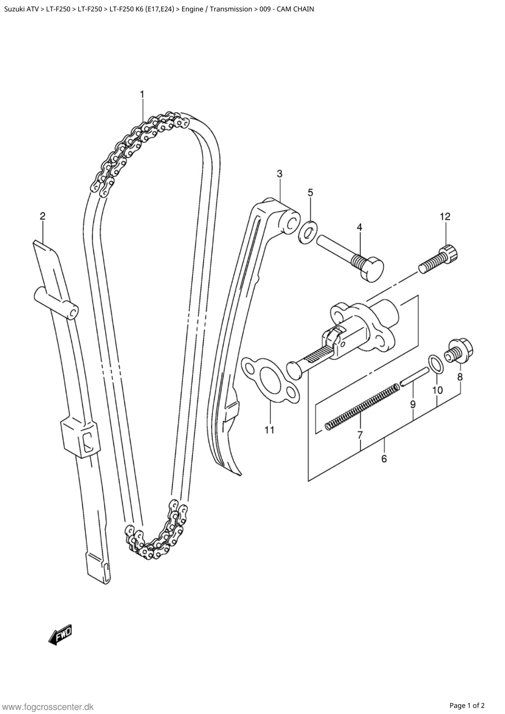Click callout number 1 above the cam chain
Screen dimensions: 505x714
pos(142,94)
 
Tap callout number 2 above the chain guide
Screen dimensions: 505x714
pos(42,216)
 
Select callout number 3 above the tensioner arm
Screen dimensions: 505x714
pos(279,174)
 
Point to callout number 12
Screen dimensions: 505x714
pos(445,217)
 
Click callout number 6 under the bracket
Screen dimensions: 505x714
pos(384,459)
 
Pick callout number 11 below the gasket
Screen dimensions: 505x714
pos(270,430)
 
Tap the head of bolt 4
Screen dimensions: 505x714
pos(373,269)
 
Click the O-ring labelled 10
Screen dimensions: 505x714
pos(435,363)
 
